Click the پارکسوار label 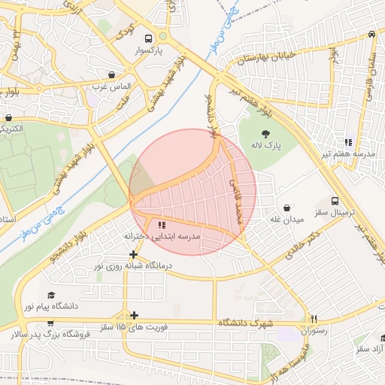tap(149, 53)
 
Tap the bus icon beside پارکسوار tap(149, 38)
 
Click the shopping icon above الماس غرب tap(112, 75)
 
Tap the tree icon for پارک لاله tap(263, 134)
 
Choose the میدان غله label tap(286, 220)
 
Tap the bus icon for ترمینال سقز tap(335, 201)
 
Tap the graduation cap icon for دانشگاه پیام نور tap(51, 295)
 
